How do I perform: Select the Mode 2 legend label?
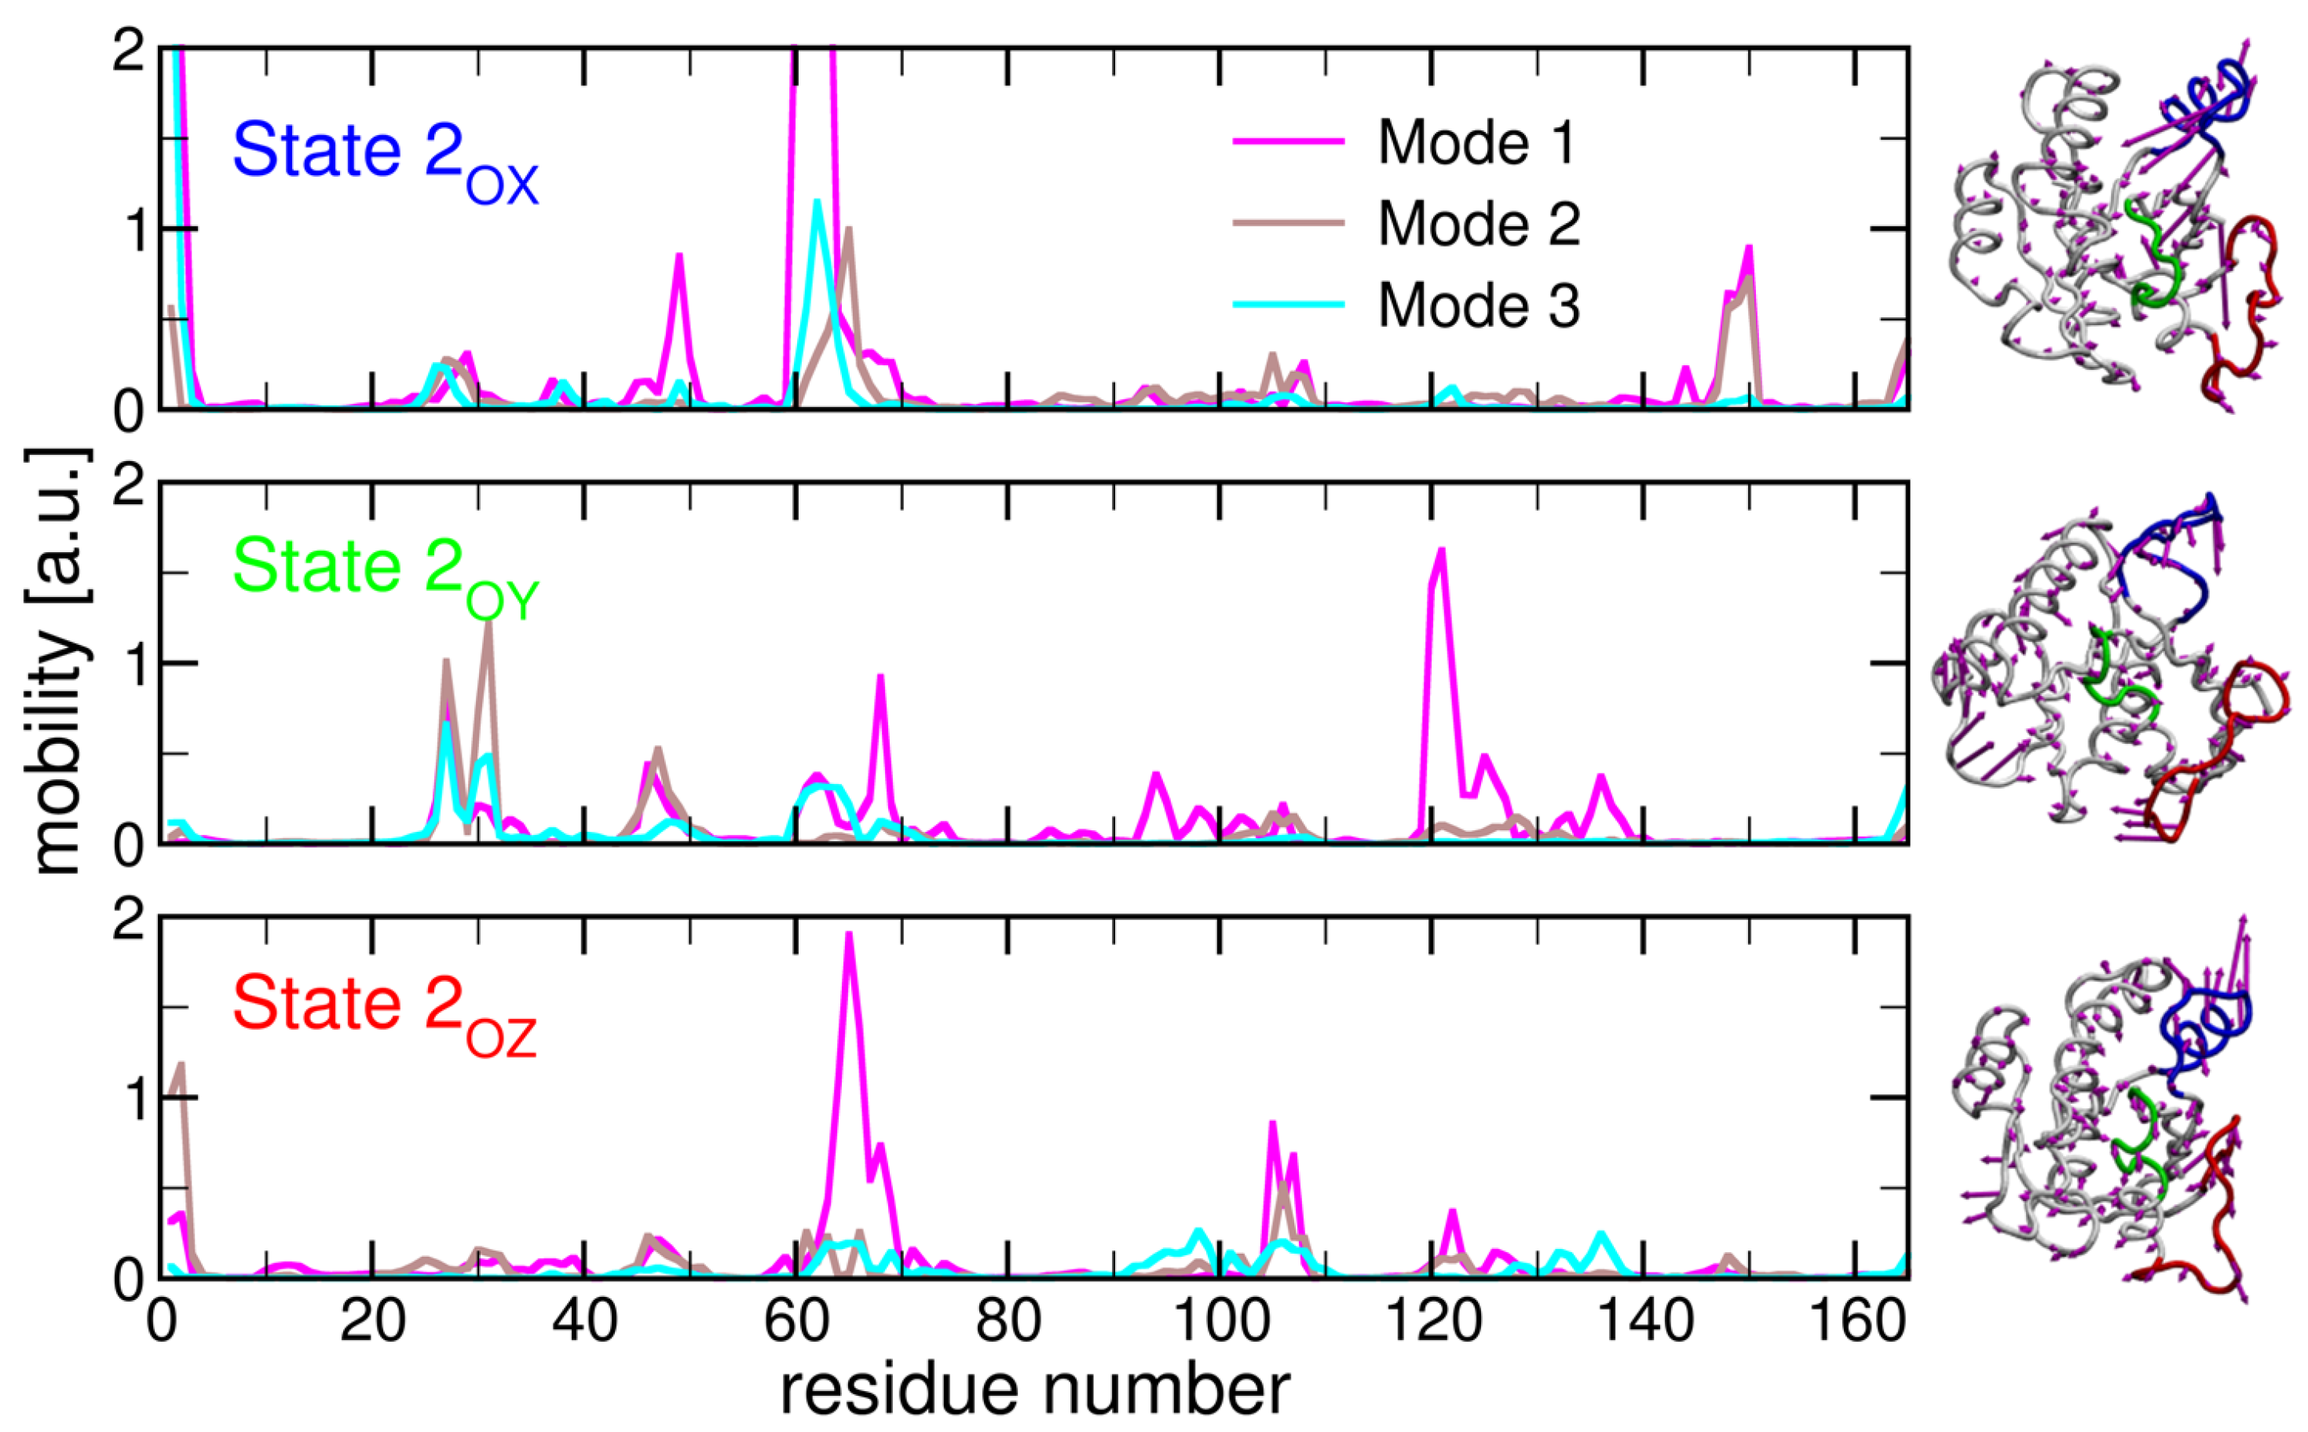[1478, 224]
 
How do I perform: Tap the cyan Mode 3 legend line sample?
[1287, 305]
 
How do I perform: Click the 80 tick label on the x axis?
[1008, 1322]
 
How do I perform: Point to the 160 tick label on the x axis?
[1856, 1322]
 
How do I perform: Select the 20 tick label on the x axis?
[372, 1322]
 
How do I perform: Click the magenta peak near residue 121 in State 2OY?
[1441, 552]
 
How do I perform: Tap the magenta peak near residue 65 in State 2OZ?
[849, 936]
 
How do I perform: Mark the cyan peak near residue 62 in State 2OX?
[817, 203]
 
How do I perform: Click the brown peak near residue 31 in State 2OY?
[488, 623]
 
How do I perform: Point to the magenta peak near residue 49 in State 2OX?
[679, 256]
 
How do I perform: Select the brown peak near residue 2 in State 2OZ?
[181, 1065]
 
